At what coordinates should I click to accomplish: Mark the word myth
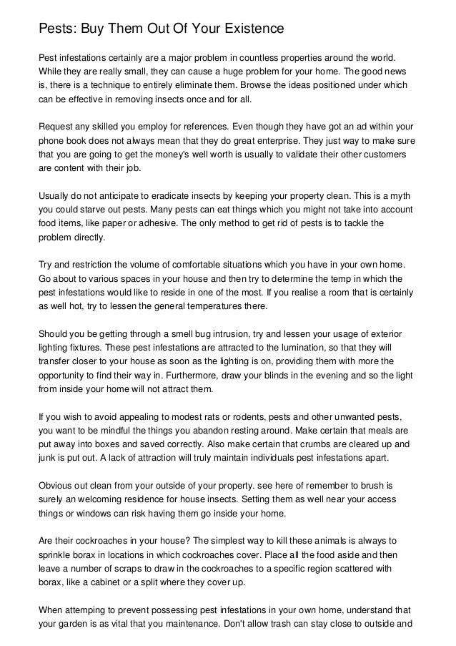pos(393,195)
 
